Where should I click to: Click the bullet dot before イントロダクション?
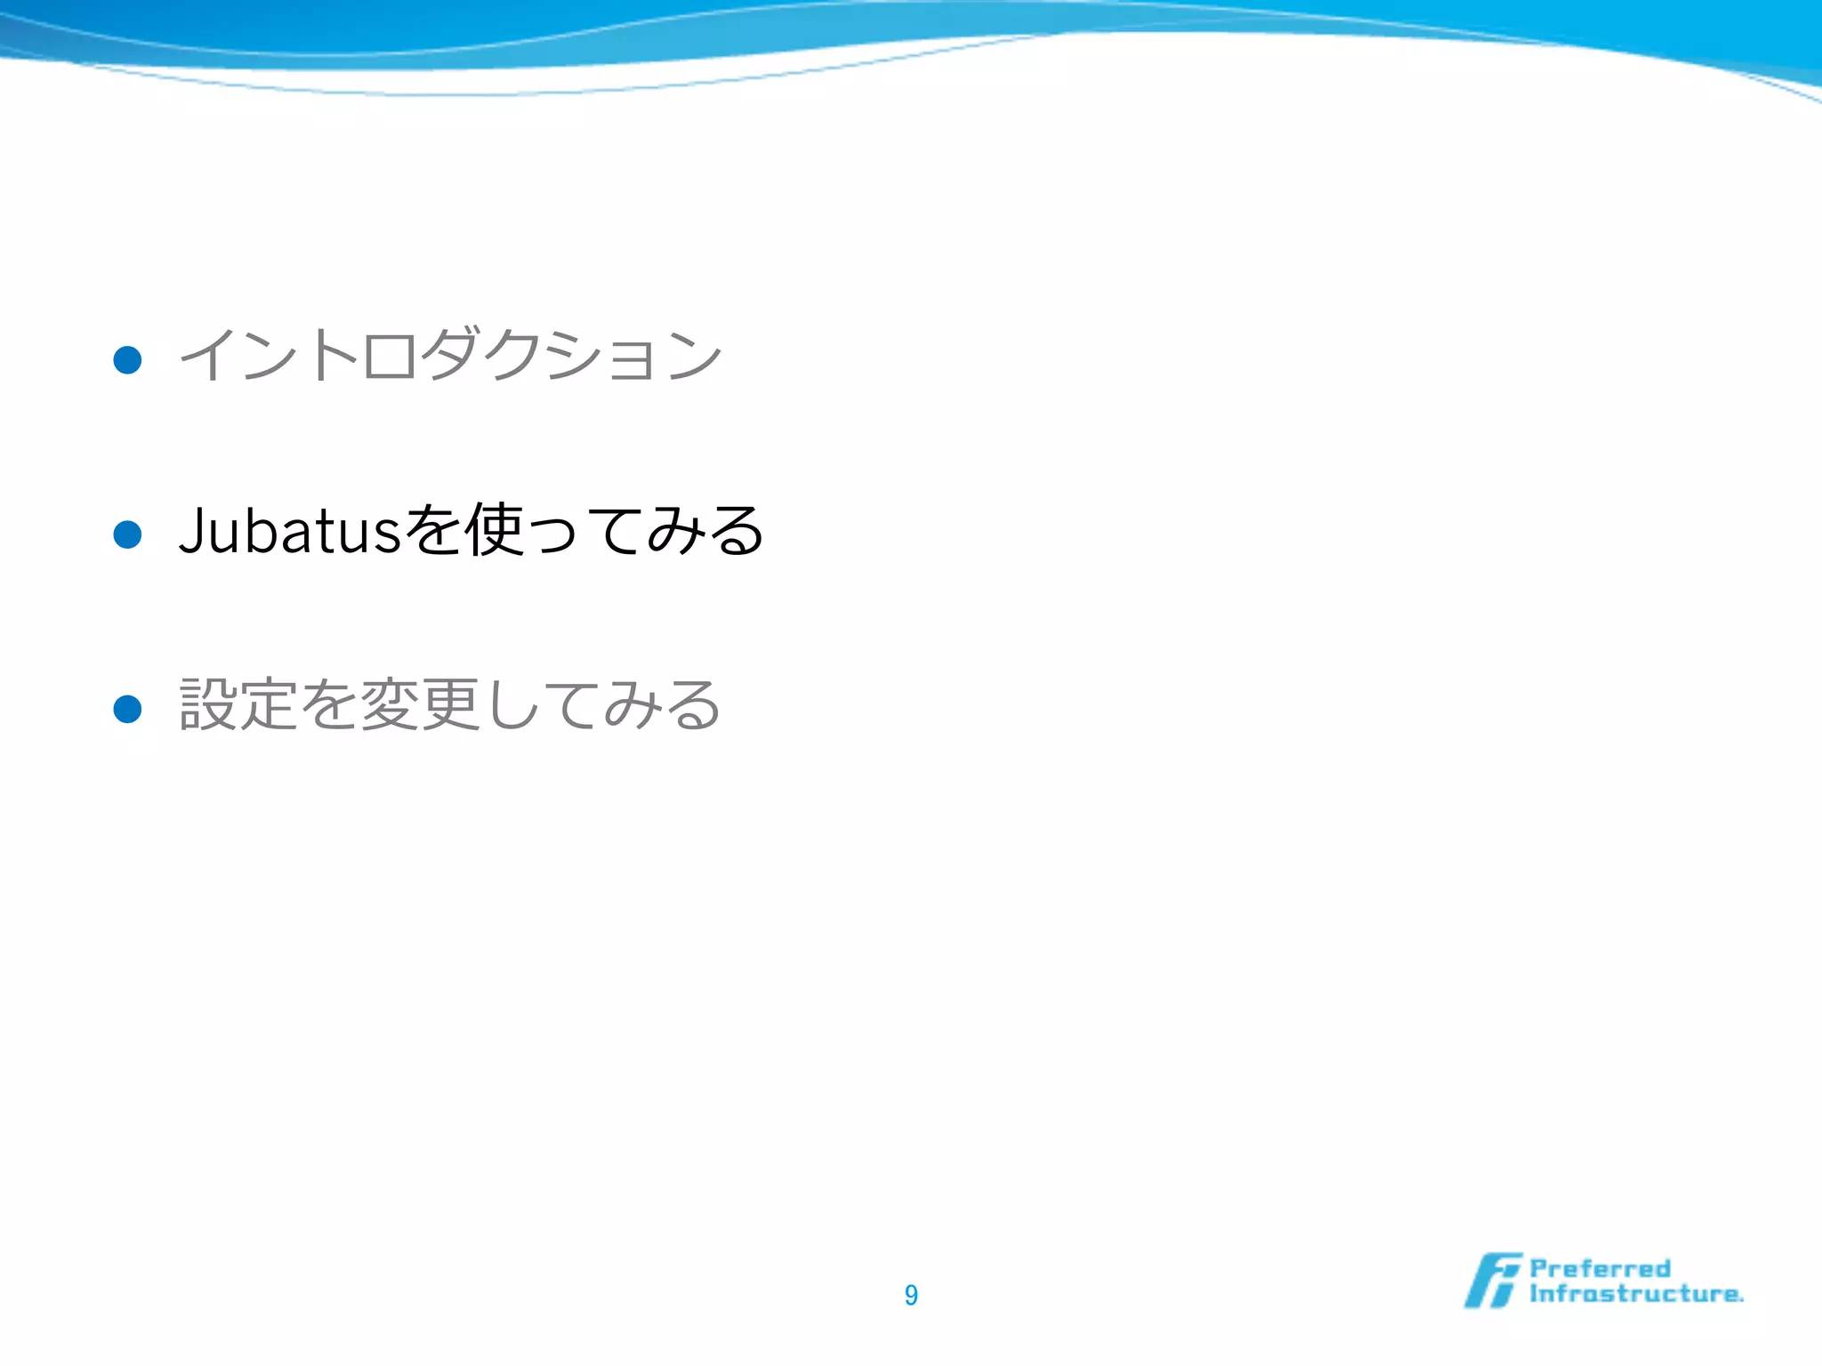pos(128,359)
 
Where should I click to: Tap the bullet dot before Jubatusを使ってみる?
pos(128,534)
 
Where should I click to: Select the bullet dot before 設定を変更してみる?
pos(128,709)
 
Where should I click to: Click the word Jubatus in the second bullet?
pos(290,531)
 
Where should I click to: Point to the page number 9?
pos(911,1295)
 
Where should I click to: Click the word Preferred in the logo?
pos(1600,1268)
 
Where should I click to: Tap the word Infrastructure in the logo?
pos(1635,1294)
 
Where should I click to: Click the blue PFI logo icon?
pos(1492,1281)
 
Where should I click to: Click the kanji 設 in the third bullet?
pos(208,704)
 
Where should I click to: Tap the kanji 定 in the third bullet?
pos(269,704)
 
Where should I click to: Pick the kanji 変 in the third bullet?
pos(390,704)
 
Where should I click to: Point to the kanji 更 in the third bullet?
pos(450,704)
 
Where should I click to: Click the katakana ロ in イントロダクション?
pos(390,356)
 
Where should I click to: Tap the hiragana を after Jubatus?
pos(433,531)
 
